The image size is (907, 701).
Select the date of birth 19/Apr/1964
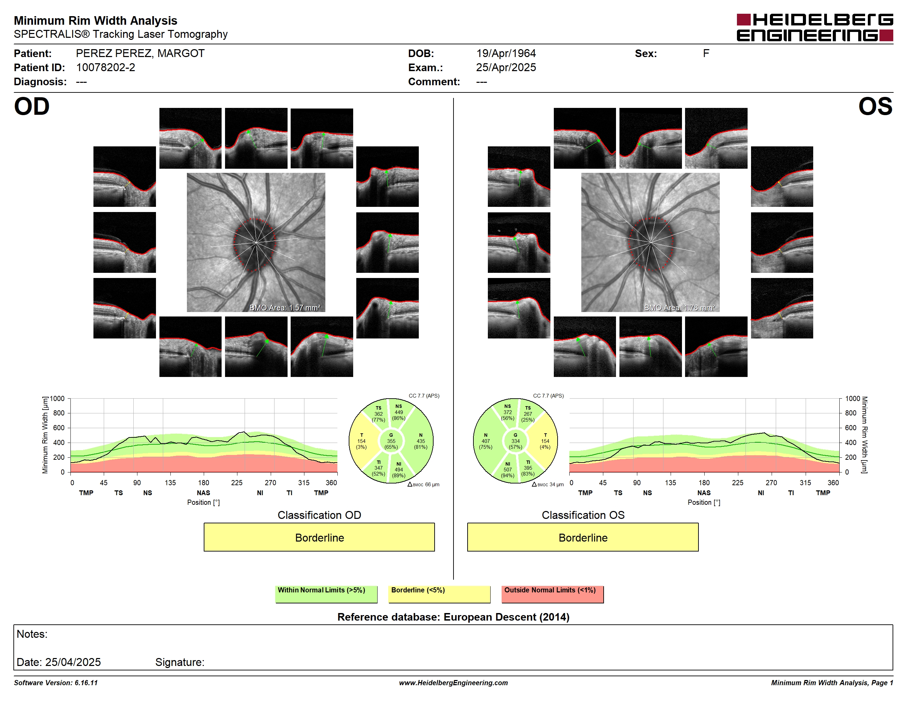pos(506,54)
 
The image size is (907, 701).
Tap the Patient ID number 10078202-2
pos(105,68)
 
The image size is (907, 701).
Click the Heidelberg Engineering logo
pos(815,27)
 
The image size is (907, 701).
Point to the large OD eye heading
pos(32,107)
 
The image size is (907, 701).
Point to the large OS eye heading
pos(875,107)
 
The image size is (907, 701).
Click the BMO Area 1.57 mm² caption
pos(285,308)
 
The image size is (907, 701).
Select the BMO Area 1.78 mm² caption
pos(680,308)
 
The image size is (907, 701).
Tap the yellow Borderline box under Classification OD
pos(319,537)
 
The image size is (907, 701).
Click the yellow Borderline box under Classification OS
pos(583,537)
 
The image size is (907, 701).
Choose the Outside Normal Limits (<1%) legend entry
pos(552,594)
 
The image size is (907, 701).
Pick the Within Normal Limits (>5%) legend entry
pos(326,594)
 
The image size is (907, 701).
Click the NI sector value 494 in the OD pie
pos(399,470)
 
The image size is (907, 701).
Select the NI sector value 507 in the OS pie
pos(507,470)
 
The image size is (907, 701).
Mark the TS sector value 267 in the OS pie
pos(528,414)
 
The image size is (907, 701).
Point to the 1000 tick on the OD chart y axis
pos(57,399)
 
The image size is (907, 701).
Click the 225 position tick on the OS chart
pos(738,482)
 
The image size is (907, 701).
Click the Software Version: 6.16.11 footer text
pos(56,683)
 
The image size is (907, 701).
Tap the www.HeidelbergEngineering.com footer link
pos(453,683)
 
